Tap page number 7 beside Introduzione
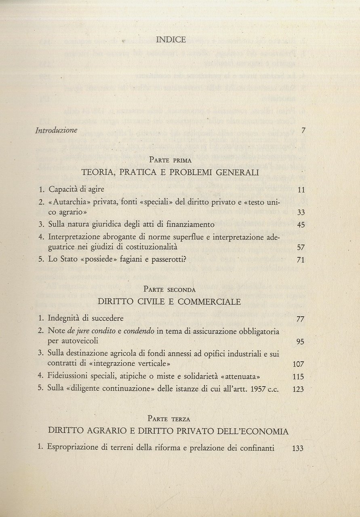(303, 130)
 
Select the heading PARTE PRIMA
(170, 160)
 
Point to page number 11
(301, 189)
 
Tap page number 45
(300, 225)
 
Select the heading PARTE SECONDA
(170, 289)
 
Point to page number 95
(300, 342)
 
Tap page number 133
(297, 448)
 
